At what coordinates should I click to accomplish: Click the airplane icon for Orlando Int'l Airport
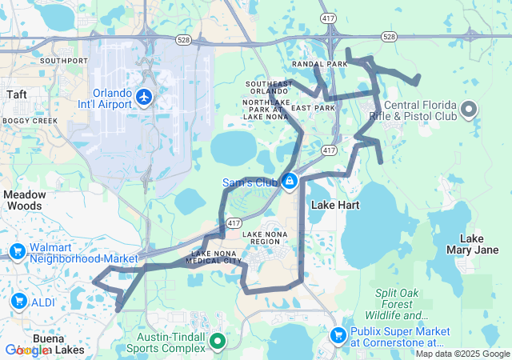[x=144, y=98]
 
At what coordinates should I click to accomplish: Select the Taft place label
[x=16, y=94]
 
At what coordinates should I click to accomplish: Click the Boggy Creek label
[x=30, y=120]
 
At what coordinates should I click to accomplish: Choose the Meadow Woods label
[x=25, y=200]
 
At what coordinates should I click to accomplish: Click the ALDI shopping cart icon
[x=19, y=301]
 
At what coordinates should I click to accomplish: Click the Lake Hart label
[x=334, y=205]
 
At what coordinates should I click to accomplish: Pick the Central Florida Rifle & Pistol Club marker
[x=469, y=108]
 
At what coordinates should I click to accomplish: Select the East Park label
[x=313, y=107]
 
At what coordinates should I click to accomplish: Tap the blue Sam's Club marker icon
[x=289, y=182]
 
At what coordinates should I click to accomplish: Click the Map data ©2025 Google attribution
[x=462, y=354]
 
